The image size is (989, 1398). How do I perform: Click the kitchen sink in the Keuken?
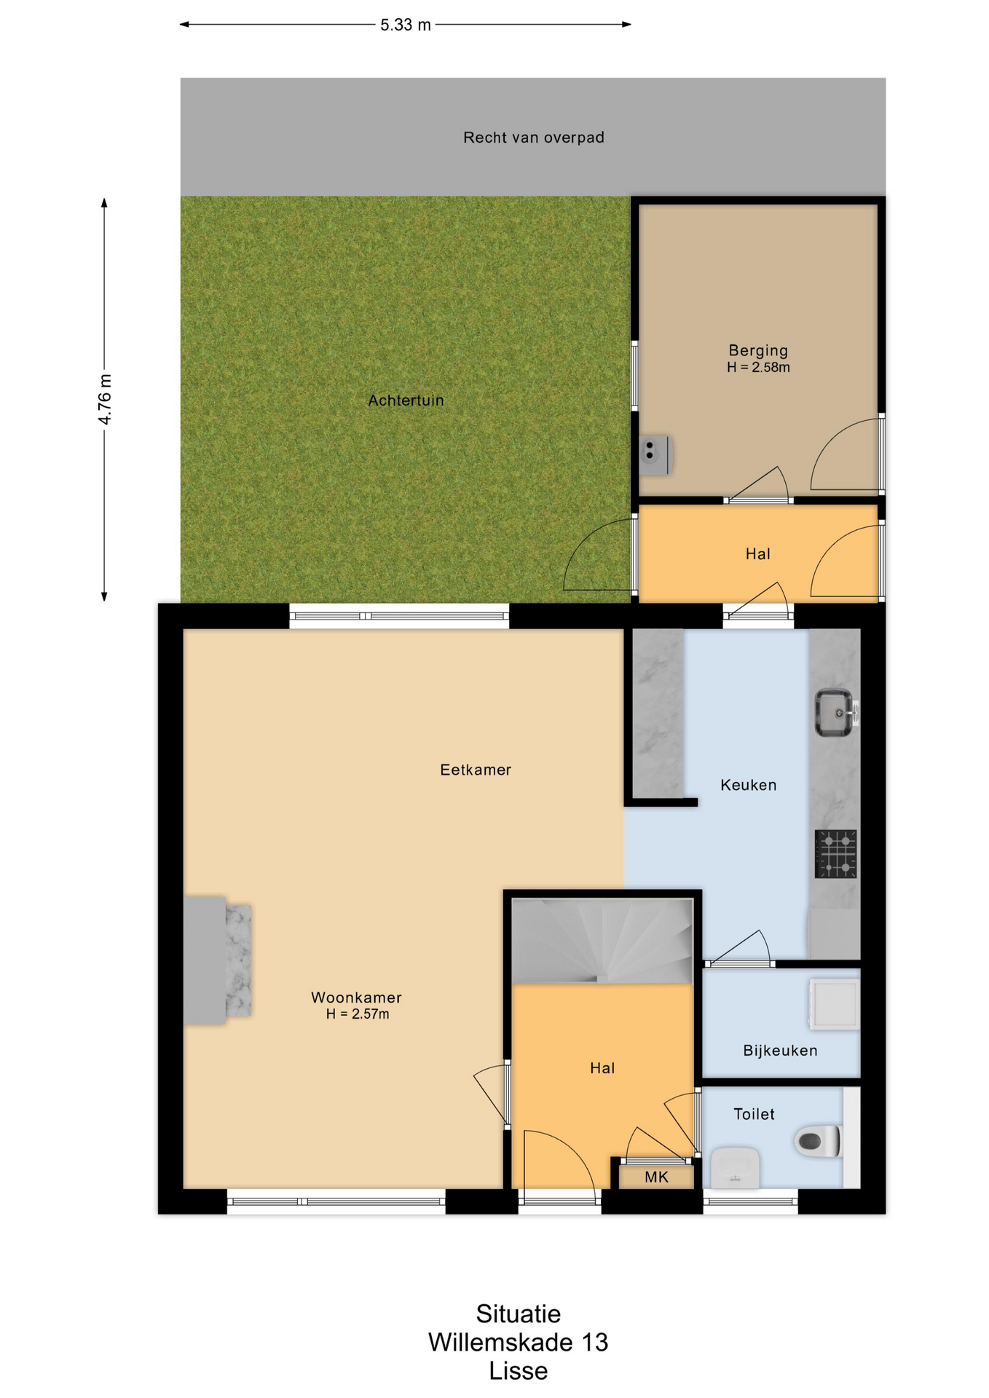[835, 712]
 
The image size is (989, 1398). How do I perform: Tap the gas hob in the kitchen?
[835, 853]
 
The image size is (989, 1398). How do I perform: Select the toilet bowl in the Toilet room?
[819, 1141]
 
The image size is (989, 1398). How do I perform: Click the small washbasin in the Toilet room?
[735, 1167]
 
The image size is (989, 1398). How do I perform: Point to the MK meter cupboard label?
[656, 1177]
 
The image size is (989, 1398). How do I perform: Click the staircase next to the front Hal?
[602, 941]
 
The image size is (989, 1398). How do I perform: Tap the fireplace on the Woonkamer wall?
[217, 960]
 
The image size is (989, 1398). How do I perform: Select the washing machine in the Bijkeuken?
[835, 1005]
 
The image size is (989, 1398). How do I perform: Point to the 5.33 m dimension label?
[406, 25]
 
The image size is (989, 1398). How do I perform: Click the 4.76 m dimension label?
[105, 399]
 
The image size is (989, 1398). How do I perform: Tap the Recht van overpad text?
[534, 138]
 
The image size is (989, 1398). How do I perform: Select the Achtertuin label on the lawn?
[406, 400]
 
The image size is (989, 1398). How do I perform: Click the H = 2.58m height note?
[758, 368]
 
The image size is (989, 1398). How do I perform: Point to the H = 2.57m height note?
[357, 1014]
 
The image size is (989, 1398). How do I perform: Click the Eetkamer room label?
[476, 770]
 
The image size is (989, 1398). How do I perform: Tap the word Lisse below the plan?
[518, 1371]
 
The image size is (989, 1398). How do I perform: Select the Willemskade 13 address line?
[518, 1342]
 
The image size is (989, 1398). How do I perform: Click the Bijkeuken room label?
[780, 1051]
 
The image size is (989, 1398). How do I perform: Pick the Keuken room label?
[748, 785]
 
